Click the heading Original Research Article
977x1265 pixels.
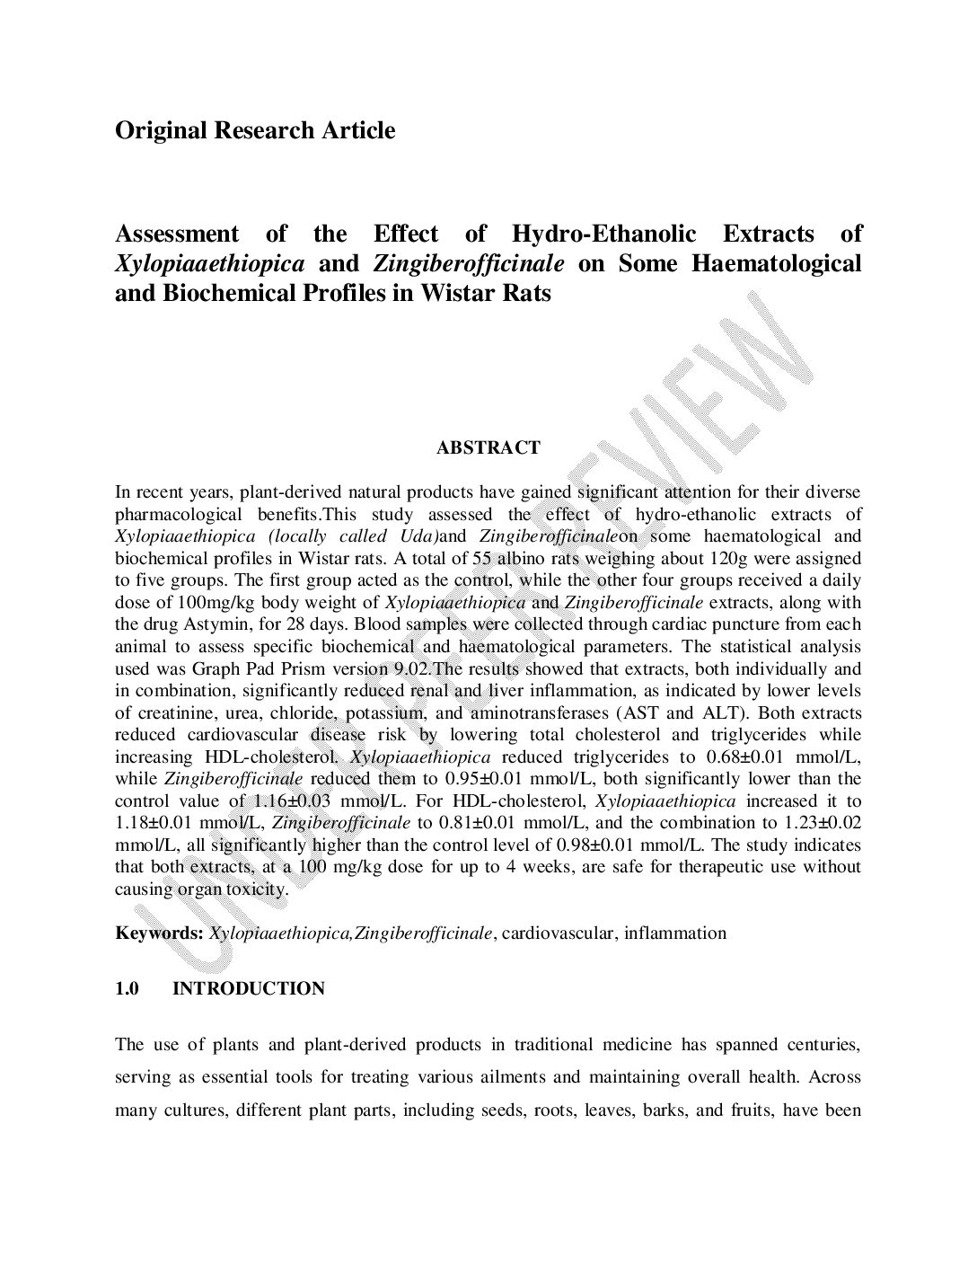255,130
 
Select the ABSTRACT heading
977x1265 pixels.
488,447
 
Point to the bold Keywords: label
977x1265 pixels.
159,933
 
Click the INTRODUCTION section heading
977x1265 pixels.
248,988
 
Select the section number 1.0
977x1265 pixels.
127,988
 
